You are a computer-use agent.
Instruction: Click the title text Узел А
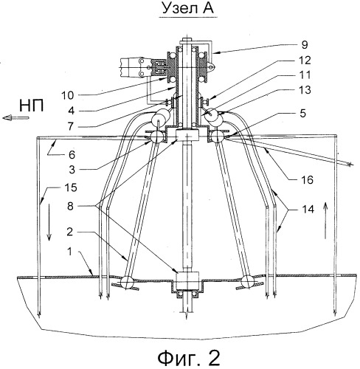click(188, 9)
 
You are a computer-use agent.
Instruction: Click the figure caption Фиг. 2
click(189, 358)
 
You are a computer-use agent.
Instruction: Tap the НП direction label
click(32, 106)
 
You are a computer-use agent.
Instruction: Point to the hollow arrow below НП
click(15, 118)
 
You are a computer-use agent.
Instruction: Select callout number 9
click(305, 45)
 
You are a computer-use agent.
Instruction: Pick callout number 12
click(305, 61)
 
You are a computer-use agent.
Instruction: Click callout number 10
click(67, 95)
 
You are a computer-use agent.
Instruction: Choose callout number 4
click(72, 111)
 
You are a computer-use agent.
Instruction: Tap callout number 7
click(71, 126)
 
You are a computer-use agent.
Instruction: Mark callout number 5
click(303, 114)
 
